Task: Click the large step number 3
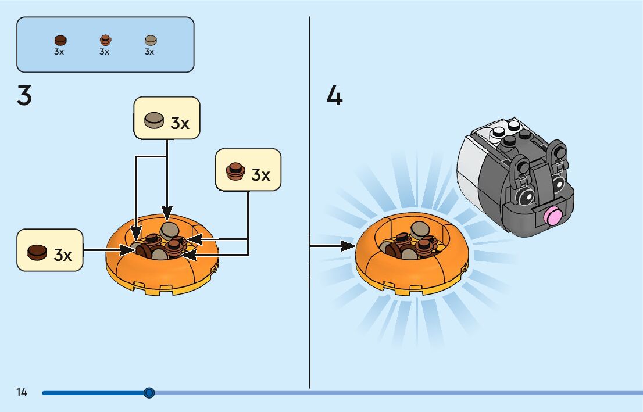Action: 24,96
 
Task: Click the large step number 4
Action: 334,96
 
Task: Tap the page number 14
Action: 22,392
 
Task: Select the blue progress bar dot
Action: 149,393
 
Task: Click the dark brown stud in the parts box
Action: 60,40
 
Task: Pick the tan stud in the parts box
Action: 151,40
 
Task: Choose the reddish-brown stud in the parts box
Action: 105,40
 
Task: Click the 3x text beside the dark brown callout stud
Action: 63,255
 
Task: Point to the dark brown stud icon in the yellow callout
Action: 37,252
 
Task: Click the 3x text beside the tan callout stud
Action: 180,123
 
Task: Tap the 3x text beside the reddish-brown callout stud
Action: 261,174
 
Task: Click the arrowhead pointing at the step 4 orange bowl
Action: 349,246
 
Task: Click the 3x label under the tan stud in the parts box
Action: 149,52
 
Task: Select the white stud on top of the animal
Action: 498,136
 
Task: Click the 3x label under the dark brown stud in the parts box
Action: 59,52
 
